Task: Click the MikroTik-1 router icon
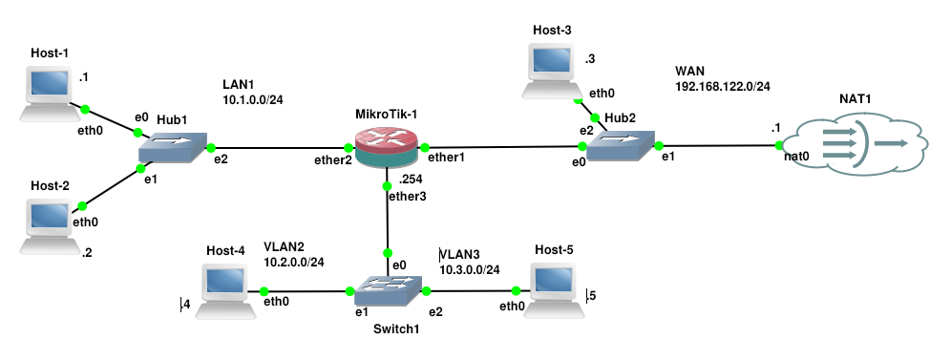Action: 387,146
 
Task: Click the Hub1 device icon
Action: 173,148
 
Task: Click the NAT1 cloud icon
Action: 856,143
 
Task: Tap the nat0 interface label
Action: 796,157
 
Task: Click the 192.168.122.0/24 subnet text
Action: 723,87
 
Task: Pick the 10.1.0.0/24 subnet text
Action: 252,99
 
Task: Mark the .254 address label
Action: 411,180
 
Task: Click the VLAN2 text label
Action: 284,246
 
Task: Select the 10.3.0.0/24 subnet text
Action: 470,269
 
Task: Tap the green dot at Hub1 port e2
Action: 211,147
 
